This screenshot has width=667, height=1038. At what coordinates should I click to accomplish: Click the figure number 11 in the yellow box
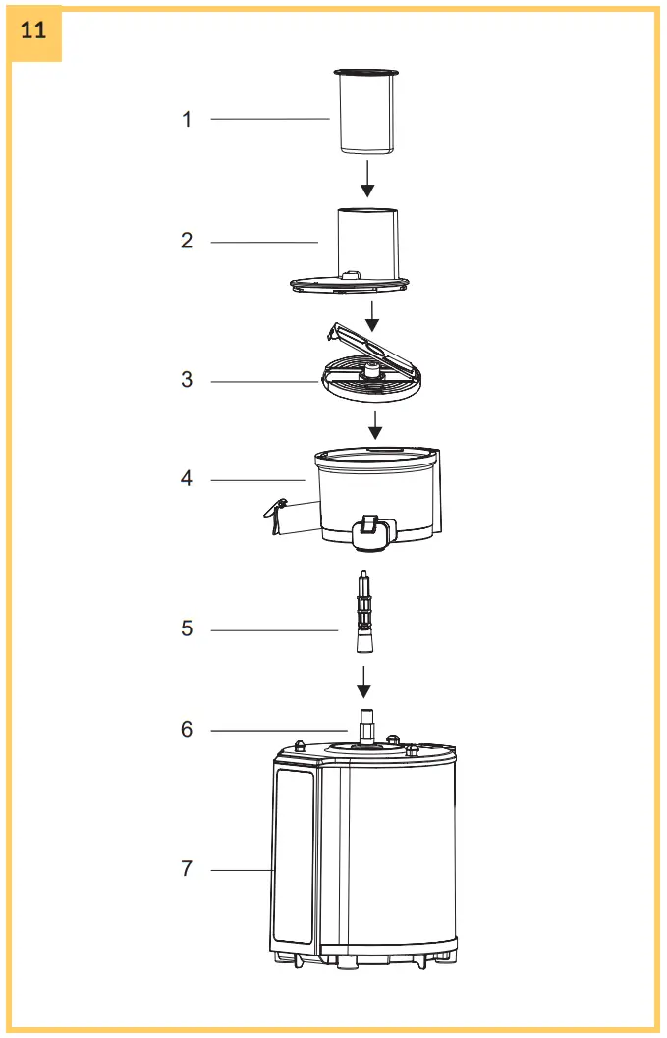pyautogui.click(x=33, y=29)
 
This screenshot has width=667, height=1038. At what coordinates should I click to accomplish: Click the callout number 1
pyautogui.click(x=187, y=120)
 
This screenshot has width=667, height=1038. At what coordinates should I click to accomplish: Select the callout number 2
pyautogui.click(x=187, y=241)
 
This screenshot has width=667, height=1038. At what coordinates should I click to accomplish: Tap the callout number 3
pyautogui.click(x=187, y=380)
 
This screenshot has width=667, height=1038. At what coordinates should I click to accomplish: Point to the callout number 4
pyautogui.click(x=187, y=479)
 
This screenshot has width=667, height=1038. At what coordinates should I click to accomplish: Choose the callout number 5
pyautogui.click(x=187, y=628)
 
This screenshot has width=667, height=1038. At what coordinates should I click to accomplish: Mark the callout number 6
pyautogui.click(x=187, y=730)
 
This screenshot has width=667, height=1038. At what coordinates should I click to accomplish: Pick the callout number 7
pyautogui.click(x=187, y=869)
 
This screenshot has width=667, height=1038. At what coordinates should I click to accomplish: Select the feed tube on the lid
pyautogui.click(x=367, y=242)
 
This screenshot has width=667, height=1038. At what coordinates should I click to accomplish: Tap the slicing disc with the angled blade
pyautogui.click(x=371, y=378)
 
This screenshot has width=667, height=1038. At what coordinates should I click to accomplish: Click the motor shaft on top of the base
pyautogui.click(x=366, y=728)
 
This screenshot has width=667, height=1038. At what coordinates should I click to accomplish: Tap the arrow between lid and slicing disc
pyautogui.click(x=372, y=316)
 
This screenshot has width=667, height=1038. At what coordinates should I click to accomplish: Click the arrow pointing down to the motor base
pyautogui.click(x=364, y=681)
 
